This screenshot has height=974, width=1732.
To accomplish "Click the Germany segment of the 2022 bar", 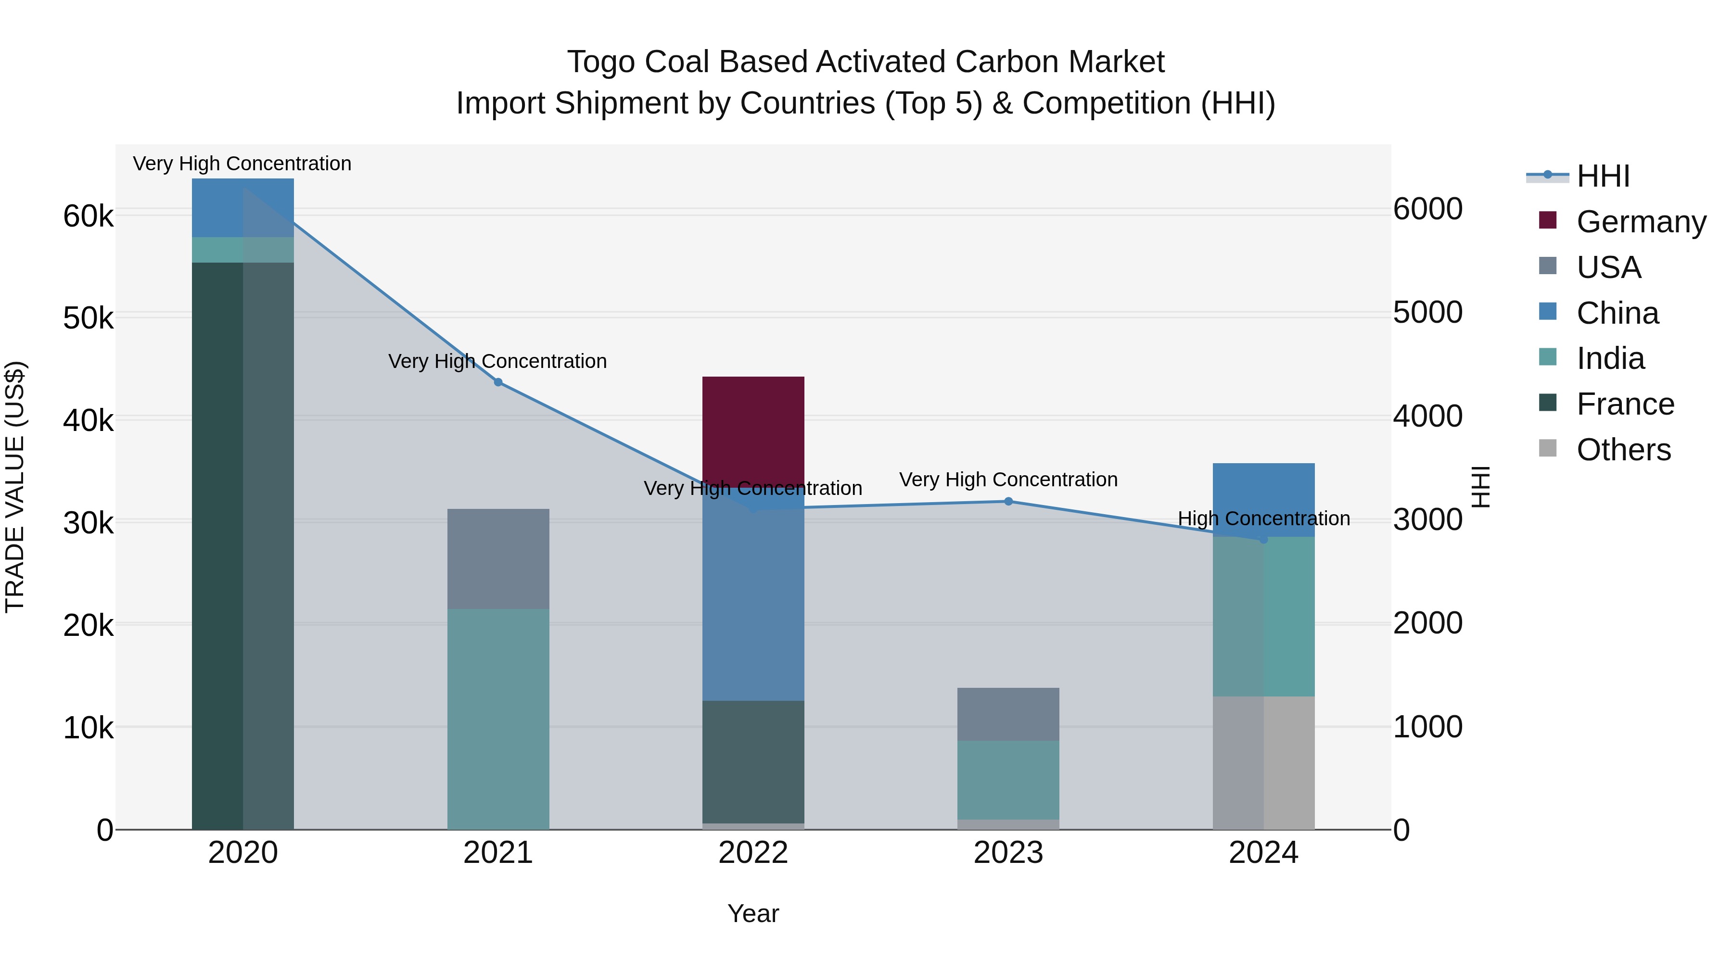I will [753, 430].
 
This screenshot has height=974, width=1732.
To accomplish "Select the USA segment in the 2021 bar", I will [498, 558].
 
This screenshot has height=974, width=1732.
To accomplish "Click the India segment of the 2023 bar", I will [1008, 780].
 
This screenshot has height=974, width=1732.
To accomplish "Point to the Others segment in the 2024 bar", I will [1263, 762].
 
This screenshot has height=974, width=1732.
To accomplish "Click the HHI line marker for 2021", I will [498, 382].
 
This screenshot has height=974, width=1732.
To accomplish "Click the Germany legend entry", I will [1641, 222].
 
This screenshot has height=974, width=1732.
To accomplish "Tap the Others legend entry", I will [1623, 450].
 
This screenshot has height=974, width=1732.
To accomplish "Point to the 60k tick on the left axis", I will [88, 216].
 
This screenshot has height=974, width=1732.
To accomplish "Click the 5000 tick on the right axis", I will [1427, 313].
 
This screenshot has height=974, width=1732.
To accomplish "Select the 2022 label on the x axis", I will [753, 853].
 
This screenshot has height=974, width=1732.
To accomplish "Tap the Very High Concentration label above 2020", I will [242, 164].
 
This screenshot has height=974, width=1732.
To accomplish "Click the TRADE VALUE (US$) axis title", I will [15, 487].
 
